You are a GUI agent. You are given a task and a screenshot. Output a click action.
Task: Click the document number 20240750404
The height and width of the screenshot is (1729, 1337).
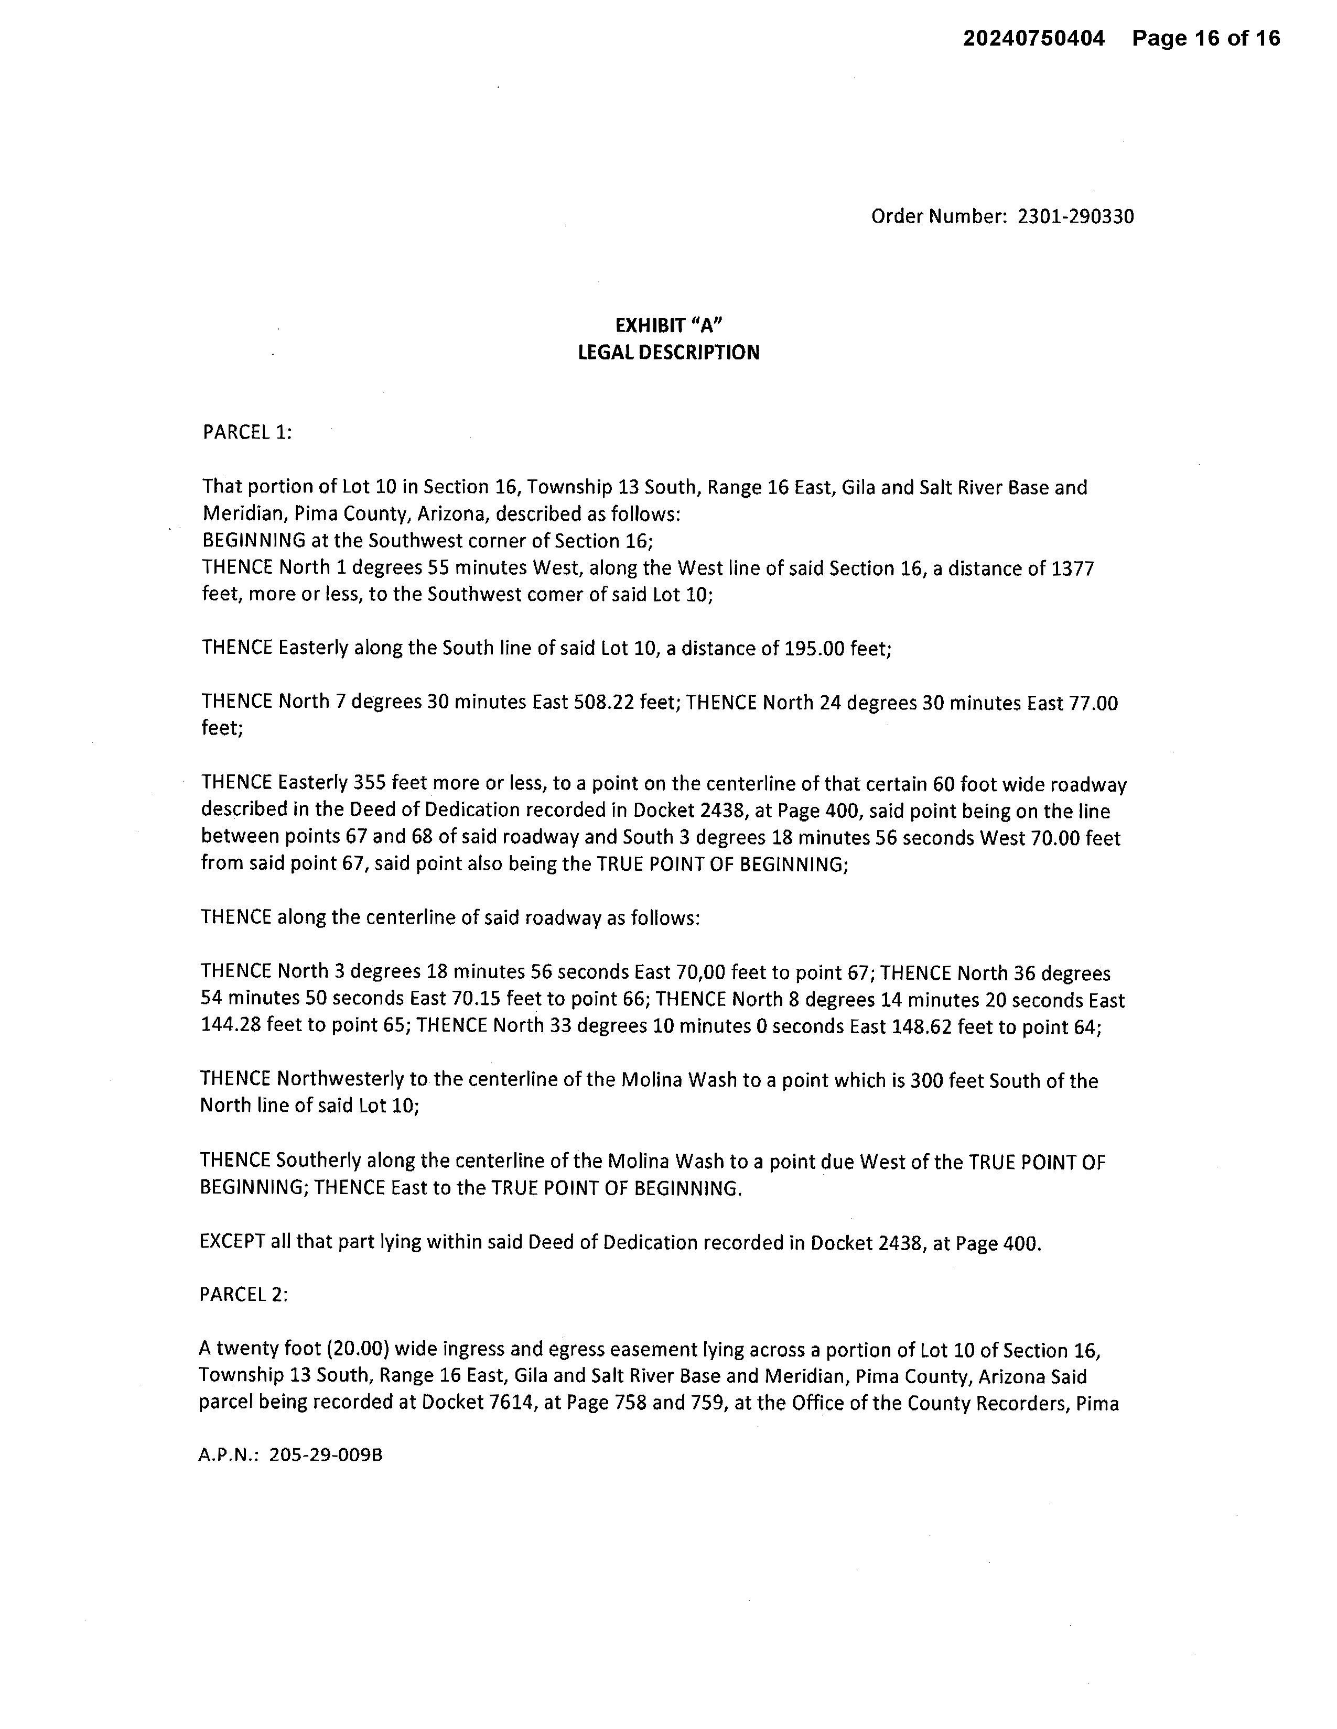[x=1033, y=38]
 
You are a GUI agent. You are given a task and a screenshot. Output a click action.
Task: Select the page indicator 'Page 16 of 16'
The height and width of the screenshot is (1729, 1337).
[x=1205, y=38]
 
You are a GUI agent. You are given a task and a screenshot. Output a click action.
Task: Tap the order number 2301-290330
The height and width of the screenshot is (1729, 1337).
[x=1075, y=216]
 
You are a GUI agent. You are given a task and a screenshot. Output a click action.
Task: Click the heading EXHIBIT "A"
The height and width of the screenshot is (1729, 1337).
[x=670, y=325]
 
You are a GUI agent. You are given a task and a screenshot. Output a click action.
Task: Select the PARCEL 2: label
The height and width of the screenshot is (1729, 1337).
[x=243, y=1294]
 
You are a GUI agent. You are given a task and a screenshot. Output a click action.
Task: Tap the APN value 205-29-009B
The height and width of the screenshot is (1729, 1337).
[x=326, y=1455]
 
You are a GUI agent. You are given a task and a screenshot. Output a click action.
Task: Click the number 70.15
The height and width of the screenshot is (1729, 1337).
[x=477, y=1000]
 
